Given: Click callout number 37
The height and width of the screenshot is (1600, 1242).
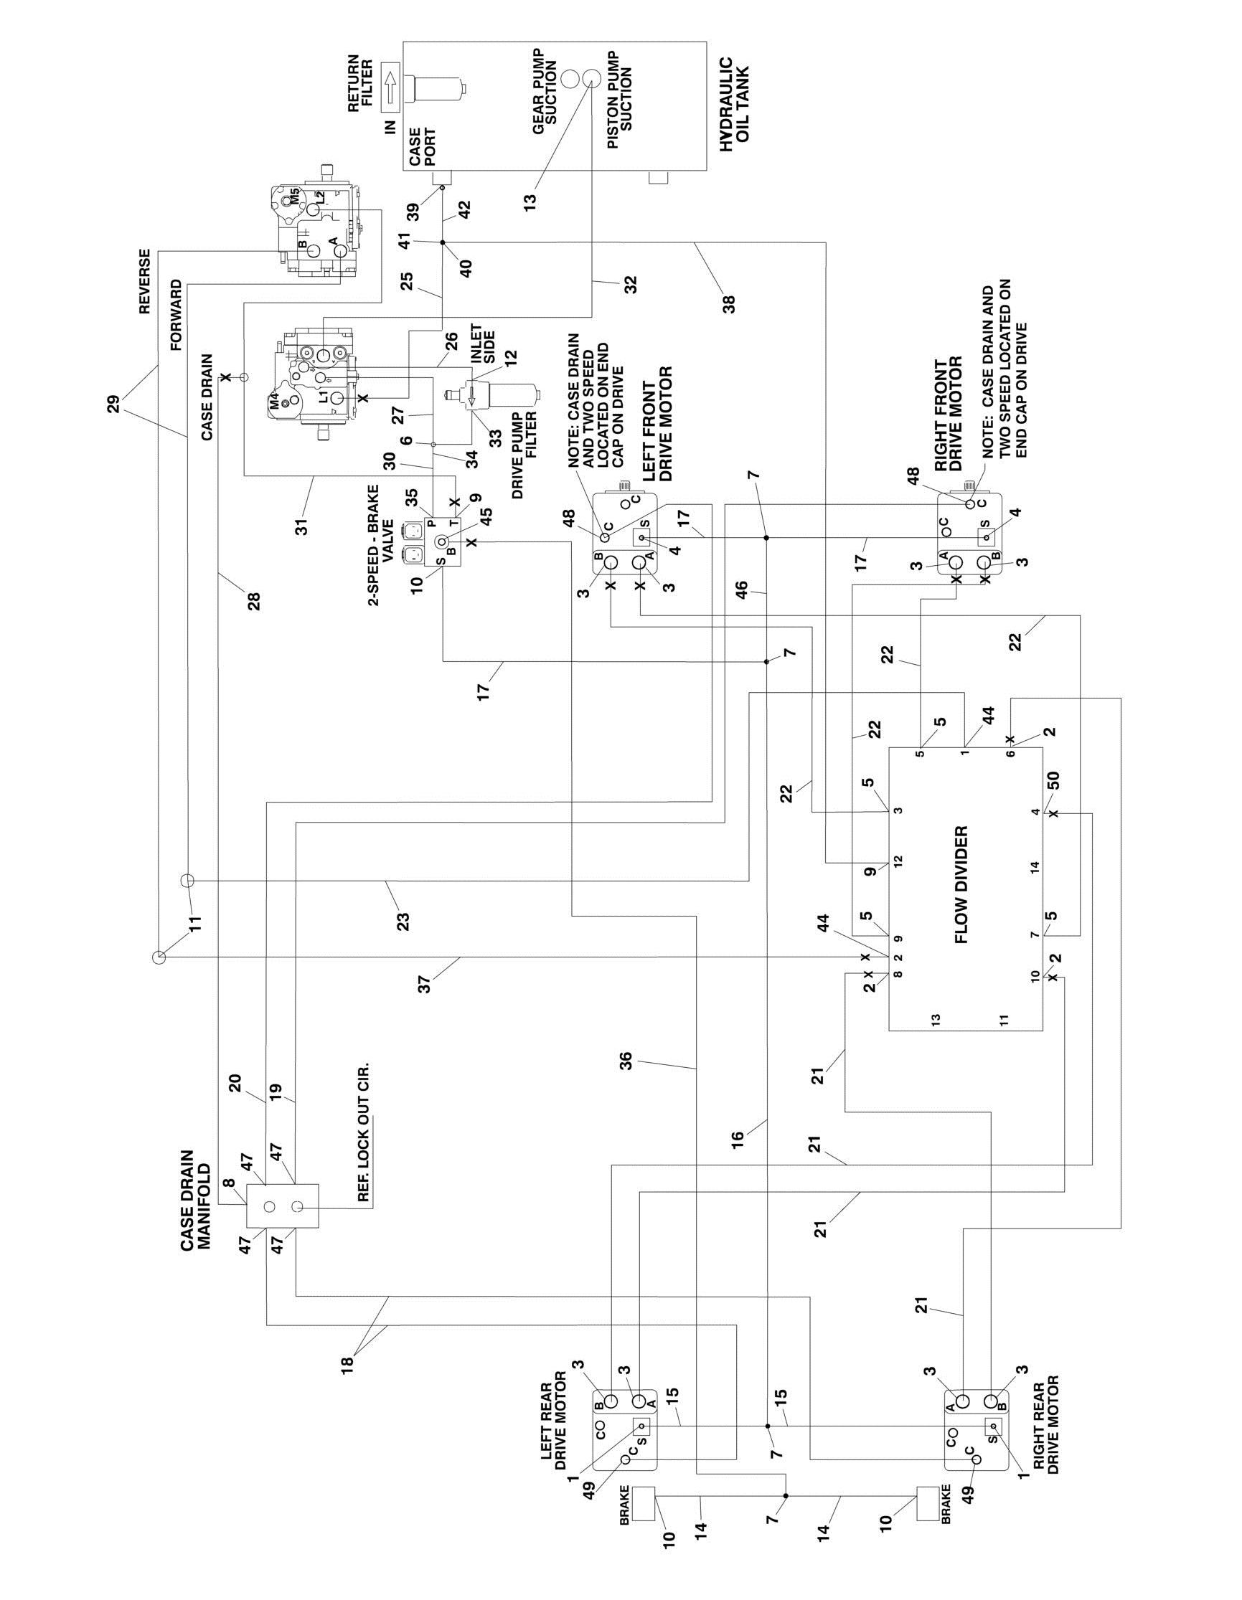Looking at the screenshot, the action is tap(424, 985).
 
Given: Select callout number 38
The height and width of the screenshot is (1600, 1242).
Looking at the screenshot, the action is tap(729, 303).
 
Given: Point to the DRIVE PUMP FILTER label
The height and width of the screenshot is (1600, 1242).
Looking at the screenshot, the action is tap(525, 455).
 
